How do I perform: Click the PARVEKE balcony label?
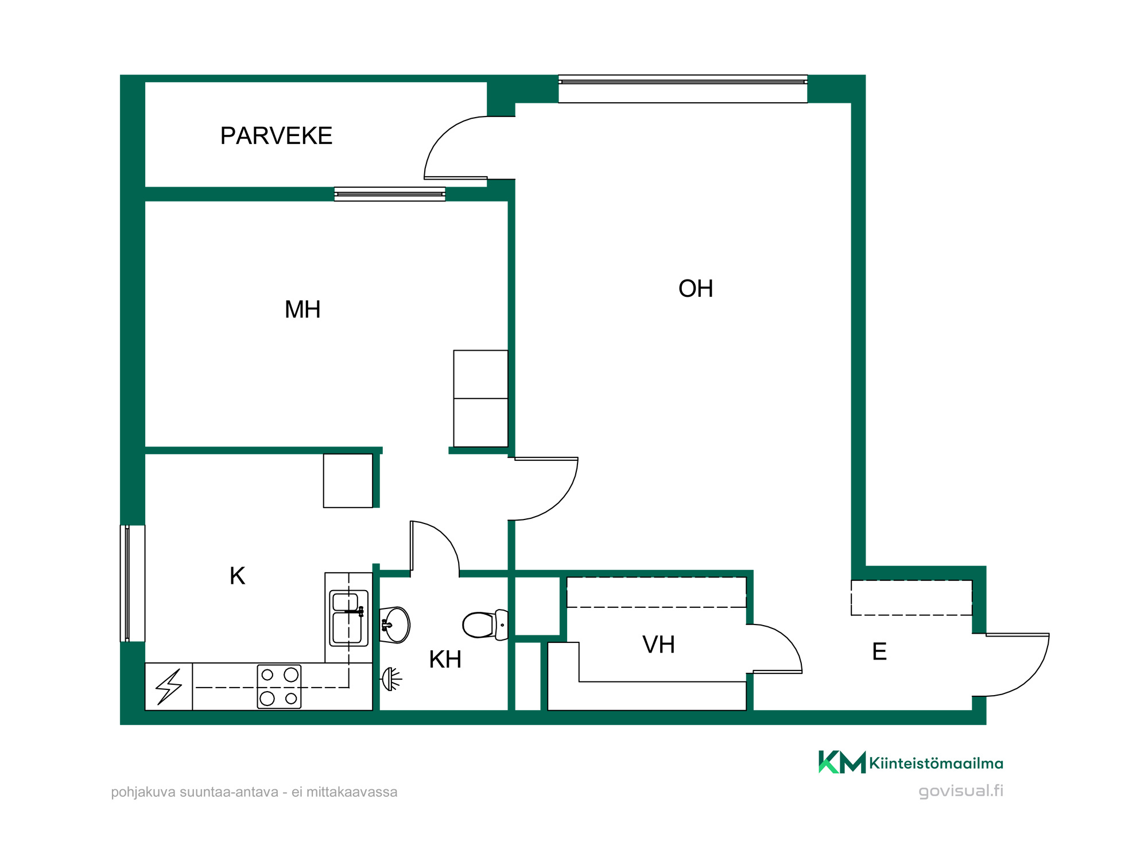point(276,136)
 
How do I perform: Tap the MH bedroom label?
point(302,309)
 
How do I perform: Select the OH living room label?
point(696,289)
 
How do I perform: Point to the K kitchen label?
point(237,576)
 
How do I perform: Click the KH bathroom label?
point(445,660)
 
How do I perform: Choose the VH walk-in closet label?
point(658,645)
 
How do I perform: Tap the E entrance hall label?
point(879,651)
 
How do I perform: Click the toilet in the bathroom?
point(485,625)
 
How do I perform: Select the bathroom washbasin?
point(395,625)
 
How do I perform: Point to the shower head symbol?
point(391,679)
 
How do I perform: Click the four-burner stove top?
point(279,687)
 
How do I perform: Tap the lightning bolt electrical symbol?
point(169,687)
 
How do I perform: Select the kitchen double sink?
point(348,618)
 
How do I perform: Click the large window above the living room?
point(683,89)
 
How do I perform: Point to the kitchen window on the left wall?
point(133,583)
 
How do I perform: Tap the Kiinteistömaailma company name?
point(936,763)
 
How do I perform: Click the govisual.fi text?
point(961,791)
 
